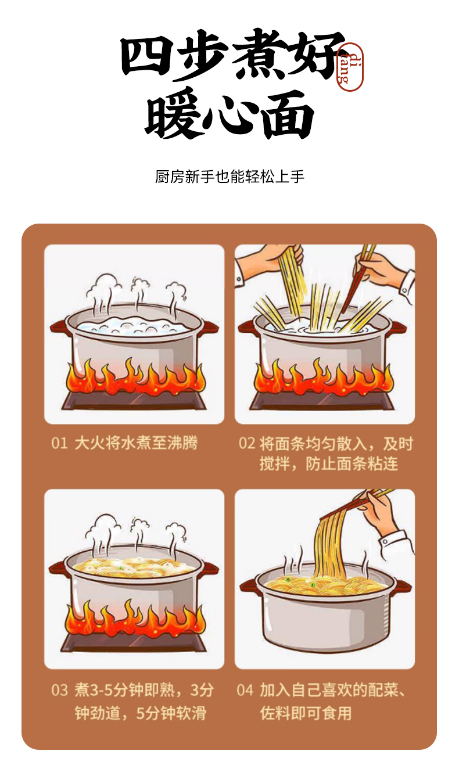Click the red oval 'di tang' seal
pyautogui.click(x=350, y=67)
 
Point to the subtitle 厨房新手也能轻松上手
pyautogui.click(x=229, y=177)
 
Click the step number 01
pyautogui.click(x=59, y=443)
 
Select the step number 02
pyautogui.click(x=247, y=444)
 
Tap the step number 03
pyautogui.click(x=59, y=690)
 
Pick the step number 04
pyautogui.click(x=245, y=690)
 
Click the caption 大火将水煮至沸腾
pyautogui.click(x=136, y=443)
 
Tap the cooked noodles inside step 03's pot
pyautogui.click(x=134, y=567)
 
